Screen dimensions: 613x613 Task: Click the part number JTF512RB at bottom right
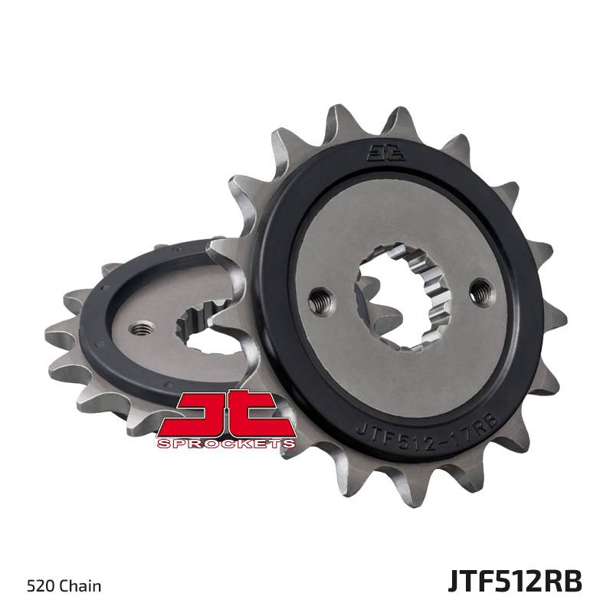[x=515, y=582]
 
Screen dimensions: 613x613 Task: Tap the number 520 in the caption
[x=41, y=586]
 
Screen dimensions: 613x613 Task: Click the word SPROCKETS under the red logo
[x=226, y=444]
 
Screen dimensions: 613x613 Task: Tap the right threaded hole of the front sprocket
[x=482, y=291]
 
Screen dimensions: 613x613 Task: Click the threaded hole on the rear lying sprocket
[x=141, y=329]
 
